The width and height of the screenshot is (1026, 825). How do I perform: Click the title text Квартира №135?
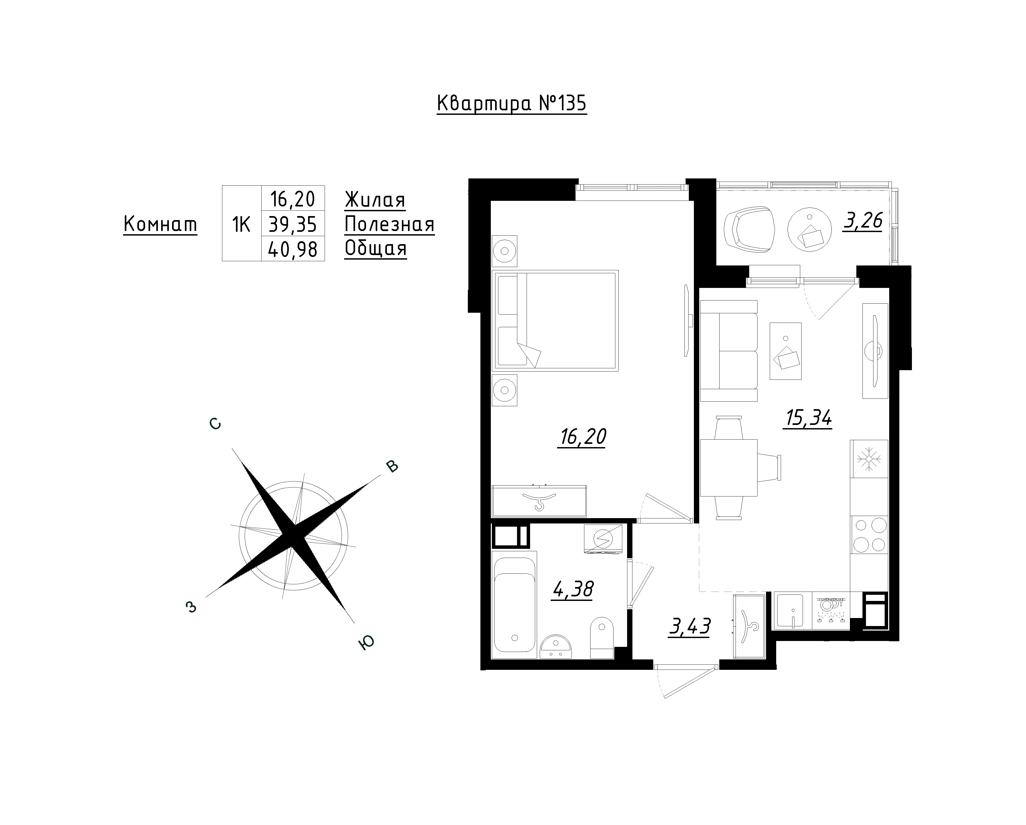point(512,104)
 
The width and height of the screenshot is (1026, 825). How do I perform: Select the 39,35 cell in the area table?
point(293,224)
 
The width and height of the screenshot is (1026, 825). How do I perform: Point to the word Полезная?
point(389,224)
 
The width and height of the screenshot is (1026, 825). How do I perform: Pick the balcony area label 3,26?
point(863,221)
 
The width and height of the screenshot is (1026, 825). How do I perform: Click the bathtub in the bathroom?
point(514,605)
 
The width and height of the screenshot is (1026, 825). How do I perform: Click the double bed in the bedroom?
point(556,321)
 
